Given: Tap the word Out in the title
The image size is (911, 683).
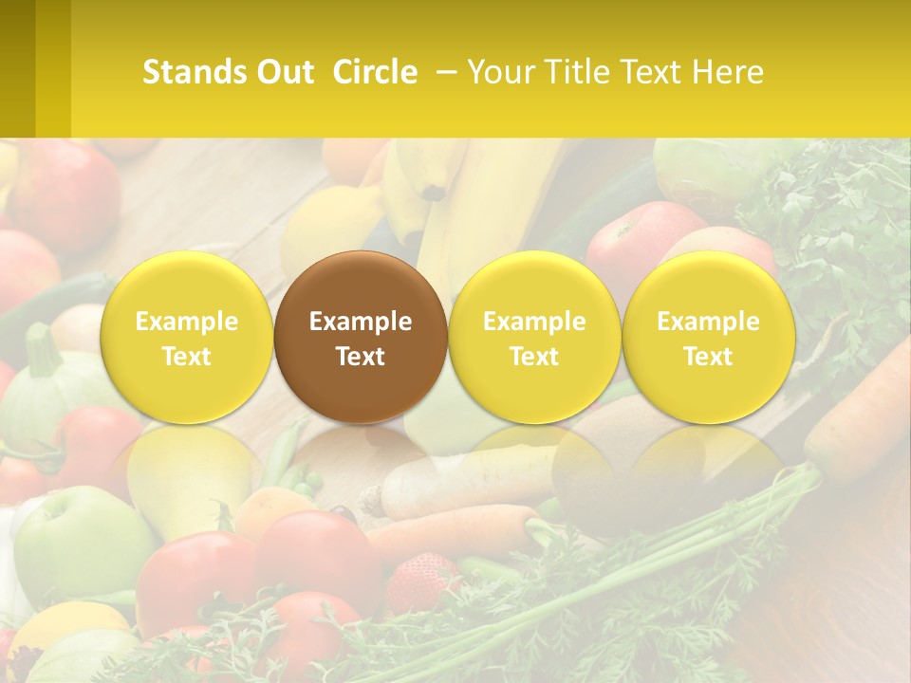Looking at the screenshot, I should click(284, 72).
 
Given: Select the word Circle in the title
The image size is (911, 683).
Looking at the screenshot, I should click(375, 72).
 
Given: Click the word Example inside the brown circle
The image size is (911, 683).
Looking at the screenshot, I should click(361, 322).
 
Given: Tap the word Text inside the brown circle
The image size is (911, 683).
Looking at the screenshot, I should click(361, 357).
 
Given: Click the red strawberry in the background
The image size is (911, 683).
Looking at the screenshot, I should click(421, 579).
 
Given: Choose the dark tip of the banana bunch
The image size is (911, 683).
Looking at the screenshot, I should click(435, 192).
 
